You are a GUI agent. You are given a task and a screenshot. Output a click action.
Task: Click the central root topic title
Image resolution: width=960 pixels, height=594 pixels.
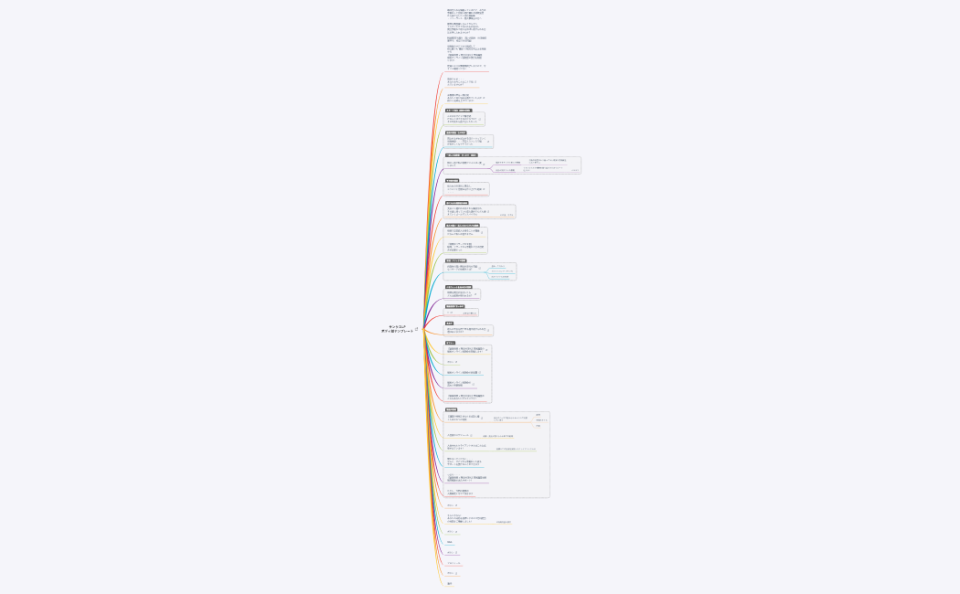397,329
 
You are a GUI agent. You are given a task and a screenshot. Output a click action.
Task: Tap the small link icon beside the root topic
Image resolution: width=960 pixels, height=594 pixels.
417,329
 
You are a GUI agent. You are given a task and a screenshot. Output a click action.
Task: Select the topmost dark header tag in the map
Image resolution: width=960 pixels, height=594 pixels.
458,111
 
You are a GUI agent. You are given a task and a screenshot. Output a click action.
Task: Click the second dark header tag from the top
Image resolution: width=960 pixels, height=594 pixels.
455,133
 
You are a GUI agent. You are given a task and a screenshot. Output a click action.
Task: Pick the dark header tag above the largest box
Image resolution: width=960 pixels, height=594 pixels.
457,409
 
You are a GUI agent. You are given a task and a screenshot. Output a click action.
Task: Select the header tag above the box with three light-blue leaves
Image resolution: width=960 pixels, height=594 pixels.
455,260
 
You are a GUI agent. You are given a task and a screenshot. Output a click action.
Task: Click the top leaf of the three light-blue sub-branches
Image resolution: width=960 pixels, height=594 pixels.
498,266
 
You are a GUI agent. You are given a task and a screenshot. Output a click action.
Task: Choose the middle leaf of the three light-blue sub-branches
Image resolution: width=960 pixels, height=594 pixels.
502,271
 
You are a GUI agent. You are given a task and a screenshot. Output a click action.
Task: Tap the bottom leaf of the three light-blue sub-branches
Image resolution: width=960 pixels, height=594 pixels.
500,277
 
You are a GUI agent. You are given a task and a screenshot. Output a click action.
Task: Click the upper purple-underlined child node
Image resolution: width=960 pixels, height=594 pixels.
507,163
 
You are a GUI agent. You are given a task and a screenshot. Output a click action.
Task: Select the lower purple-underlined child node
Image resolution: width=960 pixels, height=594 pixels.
506,170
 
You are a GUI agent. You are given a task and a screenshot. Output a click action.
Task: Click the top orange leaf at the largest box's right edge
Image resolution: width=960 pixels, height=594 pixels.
539,414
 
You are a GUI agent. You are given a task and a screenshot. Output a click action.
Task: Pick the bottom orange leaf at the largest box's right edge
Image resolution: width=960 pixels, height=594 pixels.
539,426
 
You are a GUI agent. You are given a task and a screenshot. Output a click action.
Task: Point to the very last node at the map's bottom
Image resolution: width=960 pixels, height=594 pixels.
450,583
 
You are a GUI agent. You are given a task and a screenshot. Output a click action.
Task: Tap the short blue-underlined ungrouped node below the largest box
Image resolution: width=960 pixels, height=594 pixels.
450,542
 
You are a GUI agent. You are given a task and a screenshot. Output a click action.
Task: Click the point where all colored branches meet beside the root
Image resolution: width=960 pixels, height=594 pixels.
422,329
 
